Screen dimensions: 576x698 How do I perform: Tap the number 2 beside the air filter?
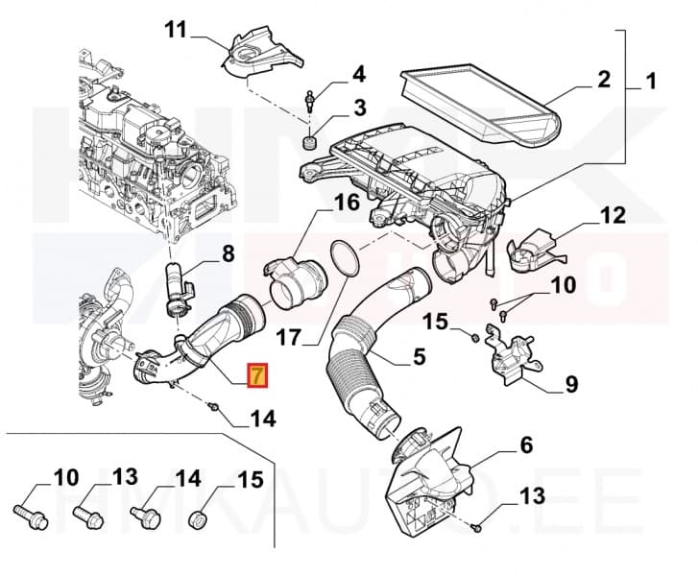pyautogui.click(x=603, y=79)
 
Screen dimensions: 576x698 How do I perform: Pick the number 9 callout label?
pyautogui.click(x=570, y=385)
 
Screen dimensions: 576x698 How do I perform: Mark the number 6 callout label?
pyautogui.click(x=525, y=444)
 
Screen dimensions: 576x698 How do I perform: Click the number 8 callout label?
pyautogui.click(x=228, y=254)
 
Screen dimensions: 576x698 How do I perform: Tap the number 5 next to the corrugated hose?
pyautogui.click(x=419, y=357)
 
